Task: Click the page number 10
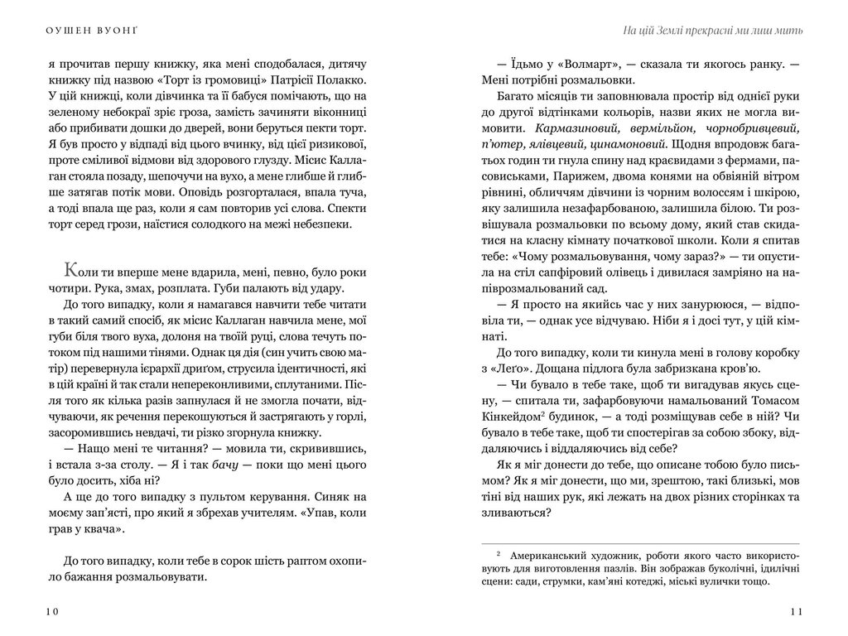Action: (x=51, y=611)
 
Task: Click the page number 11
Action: (x=796, y=611)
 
